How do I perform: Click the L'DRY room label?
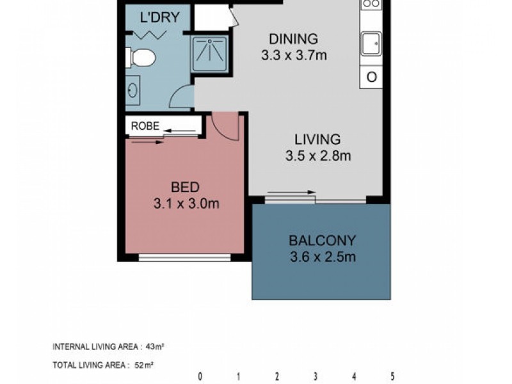pyautogui.click(x=159, y=17)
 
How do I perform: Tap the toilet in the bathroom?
pyautogui.click(x=142, y=58)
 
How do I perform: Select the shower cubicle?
pyautogui.click(x=210, y=54)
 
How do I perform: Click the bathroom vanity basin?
pyautogui.click(x=132, y=90)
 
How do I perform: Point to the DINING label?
pyautogui.click(x=293, y=40)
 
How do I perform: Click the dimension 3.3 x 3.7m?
pyautogui.click(x=294, y=56)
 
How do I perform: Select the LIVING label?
pyautogui.click(x=317, y=139)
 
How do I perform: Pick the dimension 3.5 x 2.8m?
pyautogui.click(x=318, y=155)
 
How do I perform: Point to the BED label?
pyautogui.click(x=185, y=188)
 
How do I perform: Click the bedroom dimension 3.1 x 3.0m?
pyautogui.click(x=186, y=204)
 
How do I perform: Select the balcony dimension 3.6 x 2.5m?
pyautogui.click(x=322, y=258)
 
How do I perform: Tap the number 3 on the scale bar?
pyautogui.click(x=316, y=376)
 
